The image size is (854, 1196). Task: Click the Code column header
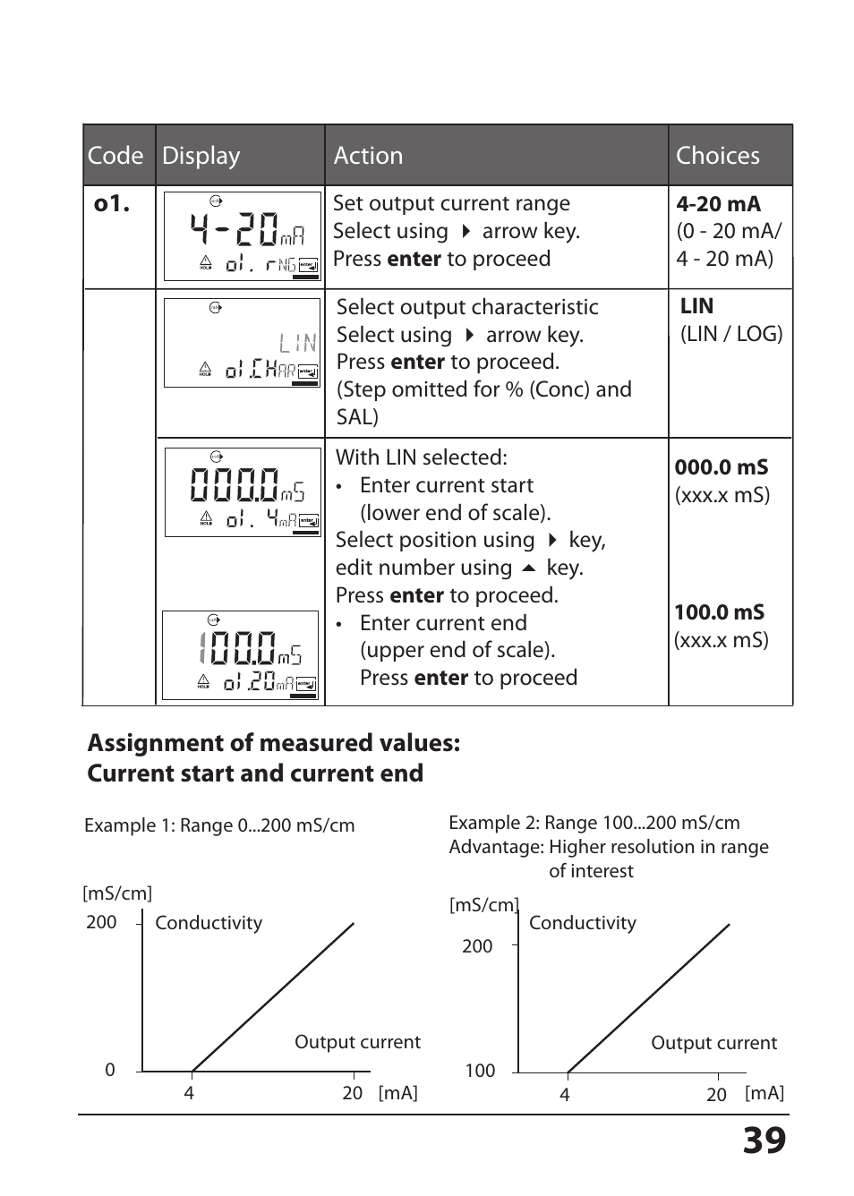(x=115, y=156)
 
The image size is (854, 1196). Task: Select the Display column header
(x=201, y=156)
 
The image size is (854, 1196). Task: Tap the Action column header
(x=368, y=156)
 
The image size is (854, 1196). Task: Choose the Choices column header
(x=717, y=156)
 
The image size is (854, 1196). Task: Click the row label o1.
(x=112, y=204)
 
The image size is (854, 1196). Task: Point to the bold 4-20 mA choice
(x=718, y=204)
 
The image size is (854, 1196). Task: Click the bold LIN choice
(x=696, y=306)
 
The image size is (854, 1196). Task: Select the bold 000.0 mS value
(x=721, y=467)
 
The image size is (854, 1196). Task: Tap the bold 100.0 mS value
(x=719, y=612)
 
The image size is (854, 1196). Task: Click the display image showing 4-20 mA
(x=242, y=236)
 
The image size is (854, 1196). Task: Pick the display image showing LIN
(x=242, y=343)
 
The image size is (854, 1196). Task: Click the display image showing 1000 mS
(x=240, y=655)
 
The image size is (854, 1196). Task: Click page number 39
(x=764, y=1140)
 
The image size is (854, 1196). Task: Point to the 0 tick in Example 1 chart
(x=110, y=1070)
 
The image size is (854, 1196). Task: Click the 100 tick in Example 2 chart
(x=480, y=1071)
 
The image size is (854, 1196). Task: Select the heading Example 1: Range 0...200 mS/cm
(x=219, y=825)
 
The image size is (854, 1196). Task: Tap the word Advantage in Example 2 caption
(x=496, y=847)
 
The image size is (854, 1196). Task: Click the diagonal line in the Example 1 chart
(x=273, y=996)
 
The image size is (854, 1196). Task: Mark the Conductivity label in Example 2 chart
(x=582, y=923)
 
